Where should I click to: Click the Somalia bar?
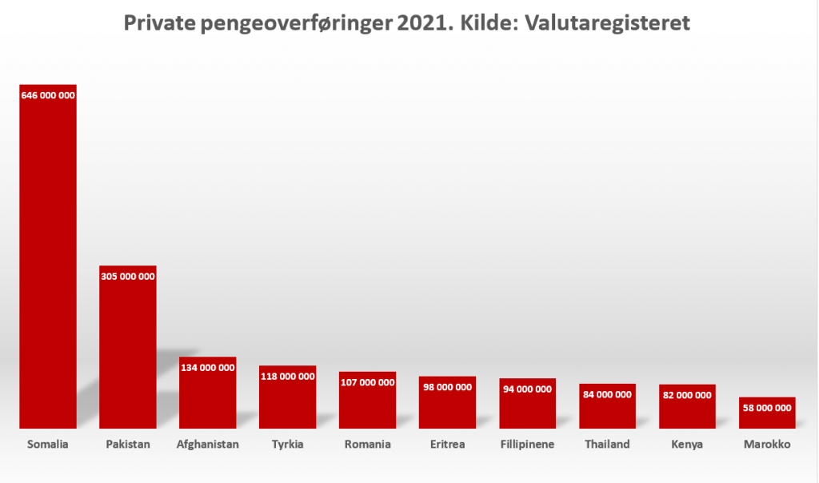[48, 264]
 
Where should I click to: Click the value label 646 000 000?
[48, 95]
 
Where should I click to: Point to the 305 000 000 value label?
[128, 276]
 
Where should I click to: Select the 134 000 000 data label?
[208, 368]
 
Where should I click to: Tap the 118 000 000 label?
[288, 376]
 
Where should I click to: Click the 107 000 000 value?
[368, 382]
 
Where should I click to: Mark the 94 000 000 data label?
[528, 389]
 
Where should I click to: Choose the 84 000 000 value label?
[608, 394]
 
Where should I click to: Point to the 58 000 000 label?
[767, 408]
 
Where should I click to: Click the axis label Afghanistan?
[208, 445]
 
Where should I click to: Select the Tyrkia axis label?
[288, 445]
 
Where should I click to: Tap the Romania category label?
[368, 445]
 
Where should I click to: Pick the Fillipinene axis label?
[528, 445]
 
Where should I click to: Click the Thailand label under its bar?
[608, 445]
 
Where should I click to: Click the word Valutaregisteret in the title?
[607, 24]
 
